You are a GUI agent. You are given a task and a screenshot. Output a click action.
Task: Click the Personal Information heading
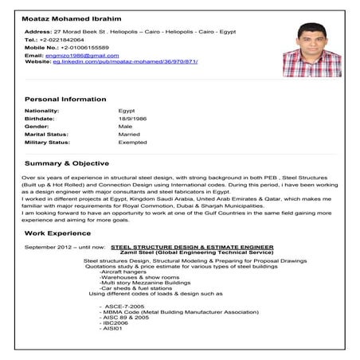point(65,99)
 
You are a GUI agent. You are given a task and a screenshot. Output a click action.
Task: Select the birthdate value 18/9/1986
point(131,118)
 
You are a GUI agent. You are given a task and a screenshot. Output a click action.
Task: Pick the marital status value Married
point(128,135)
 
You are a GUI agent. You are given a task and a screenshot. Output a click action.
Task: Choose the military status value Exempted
point(132,143)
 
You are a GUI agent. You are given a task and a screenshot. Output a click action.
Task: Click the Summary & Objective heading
point(67,163)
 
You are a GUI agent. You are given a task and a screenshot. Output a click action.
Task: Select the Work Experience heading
point(58,233)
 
